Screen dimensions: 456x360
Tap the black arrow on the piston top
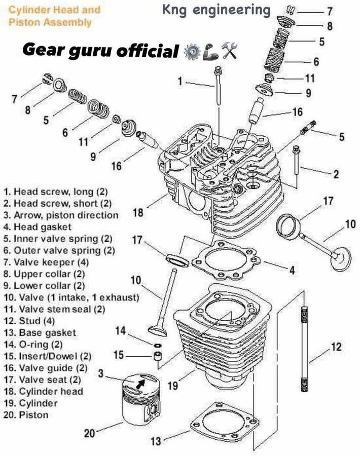pos(140,384)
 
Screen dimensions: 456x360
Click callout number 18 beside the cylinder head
pos(138,212)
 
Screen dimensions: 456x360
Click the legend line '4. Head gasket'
pos(38,227)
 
